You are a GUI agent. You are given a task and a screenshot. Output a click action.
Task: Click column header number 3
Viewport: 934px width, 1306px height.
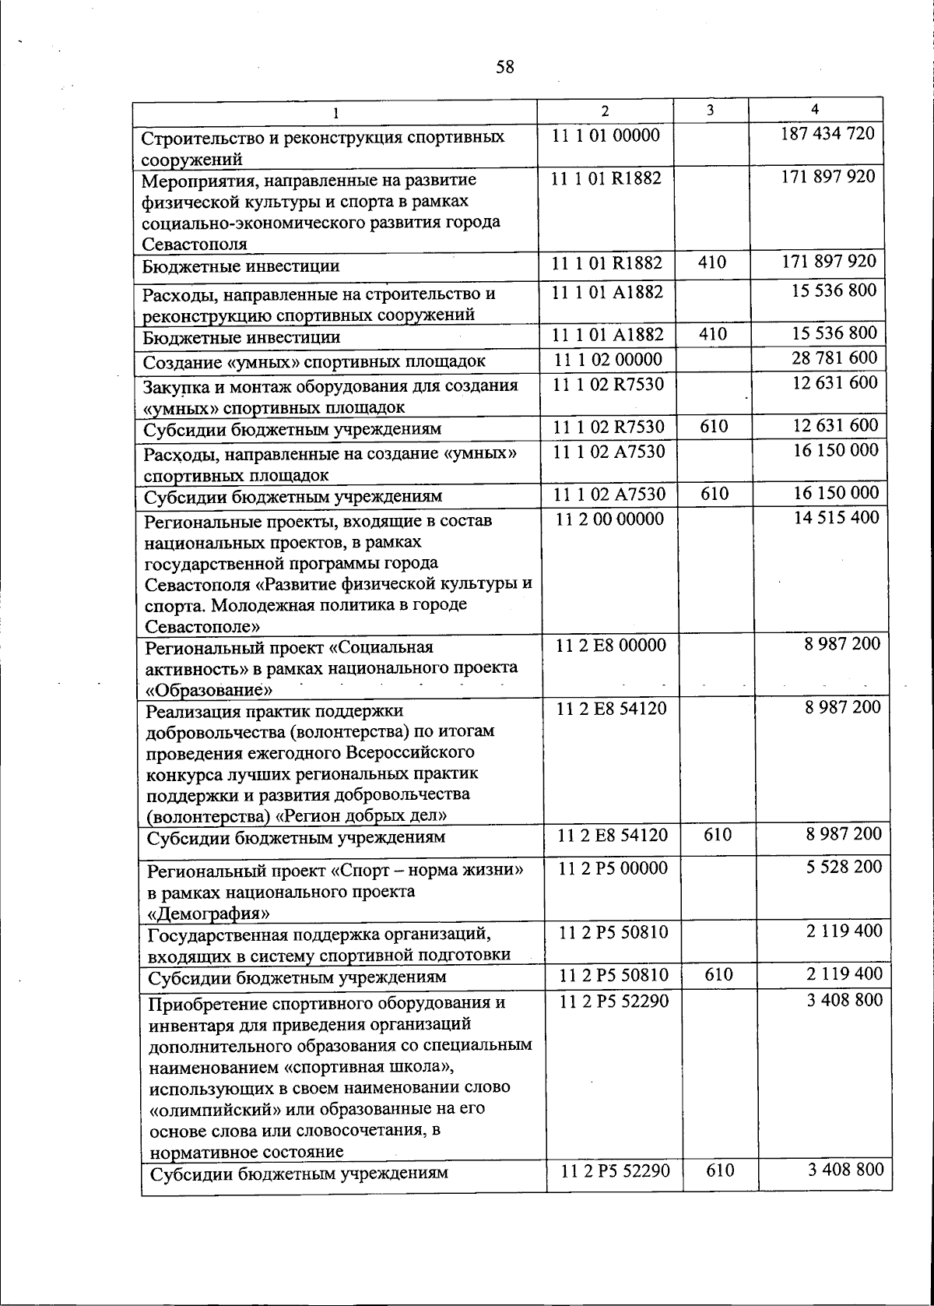[711, 111]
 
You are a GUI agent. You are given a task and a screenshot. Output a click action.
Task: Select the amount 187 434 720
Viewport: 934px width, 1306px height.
[827, 133]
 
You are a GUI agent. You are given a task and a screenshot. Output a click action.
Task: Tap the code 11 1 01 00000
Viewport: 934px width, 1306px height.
[606, 135]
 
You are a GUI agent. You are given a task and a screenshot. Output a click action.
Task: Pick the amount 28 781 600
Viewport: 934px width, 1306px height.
[834, 358]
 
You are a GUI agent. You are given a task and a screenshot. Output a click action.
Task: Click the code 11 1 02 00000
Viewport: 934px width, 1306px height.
[609, 360]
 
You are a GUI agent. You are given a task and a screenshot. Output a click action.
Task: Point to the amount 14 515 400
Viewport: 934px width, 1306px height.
[837, 517]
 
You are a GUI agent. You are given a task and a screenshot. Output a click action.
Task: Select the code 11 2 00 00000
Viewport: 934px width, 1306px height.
[611, 519]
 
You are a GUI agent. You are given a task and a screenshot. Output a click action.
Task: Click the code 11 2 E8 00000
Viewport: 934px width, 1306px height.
[613, 645]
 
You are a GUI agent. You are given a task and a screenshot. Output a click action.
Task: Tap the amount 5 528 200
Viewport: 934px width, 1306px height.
[844, 866]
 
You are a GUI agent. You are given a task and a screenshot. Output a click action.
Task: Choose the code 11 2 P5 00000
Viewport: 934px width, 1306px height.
[613, 868]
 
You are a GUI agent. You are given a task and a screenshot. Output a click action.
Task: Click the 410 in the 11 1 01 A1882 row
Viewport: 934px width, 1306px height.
[712, 335]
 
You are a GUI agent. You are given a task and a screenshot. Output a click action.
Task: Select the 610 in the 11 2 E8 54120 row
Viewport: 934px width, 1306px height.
[717, 835]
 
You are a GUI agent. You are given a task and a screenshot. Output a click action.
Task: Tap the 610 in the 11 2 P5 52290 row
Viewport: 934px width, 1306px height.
[720, 1169]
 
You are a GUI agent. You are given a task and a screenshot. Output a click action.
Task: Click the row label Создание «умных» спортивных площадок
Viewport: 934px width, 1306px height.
[314, 361]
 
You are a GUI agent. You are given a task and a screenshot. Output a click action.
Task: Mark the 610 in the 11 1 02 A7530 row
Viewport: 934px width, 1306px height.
[715, 494]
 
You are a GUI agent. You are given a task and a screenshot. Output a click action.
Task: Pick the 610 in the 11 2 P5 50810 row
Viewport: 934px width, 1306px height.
[718, 974]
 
